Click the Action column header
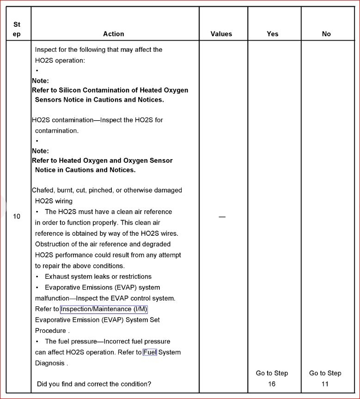[x=113, y=34]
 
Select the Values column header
[x=221, y=34]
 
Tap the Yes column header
[x=273, y=34]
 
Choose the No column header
[x=326, y=34]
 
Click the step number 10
[x=17, y=216]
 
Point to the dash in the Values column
[x=222, y=217]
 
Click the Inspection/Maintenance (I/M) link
[x=104, y=309]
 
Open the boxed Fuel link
[x=150, y=352]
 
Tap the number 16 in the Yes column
[x=272, y=384]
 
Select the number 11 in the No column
[x=325, y=384]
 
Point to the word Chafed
[x=43, y=190]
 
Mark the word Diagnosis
[x=50, y=363]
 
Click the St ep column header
[x=17, y=29]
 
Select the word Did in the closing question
[x=43, y=384]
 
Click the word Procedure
[x=50, y=331]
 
